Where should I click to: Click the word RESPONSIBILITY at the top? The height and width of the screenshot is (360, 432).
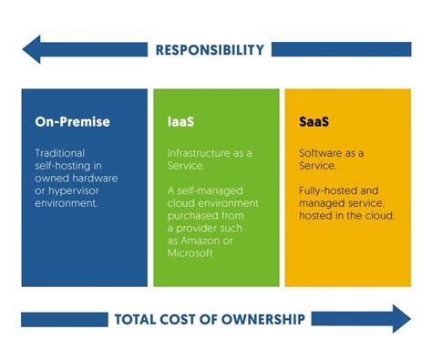pyautogui.click(x=210, y=50)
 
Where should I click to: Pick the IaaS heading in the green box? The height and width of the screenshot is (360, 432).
pyautogui.click(x=180, y=121)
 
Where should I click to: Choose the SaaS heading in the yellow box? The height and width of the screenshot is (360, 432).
pyautogui.click(x=315, y=121)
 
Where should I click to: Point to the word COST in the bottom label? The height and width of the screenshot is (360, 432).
pyautogui.click(x=180, y=319)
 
